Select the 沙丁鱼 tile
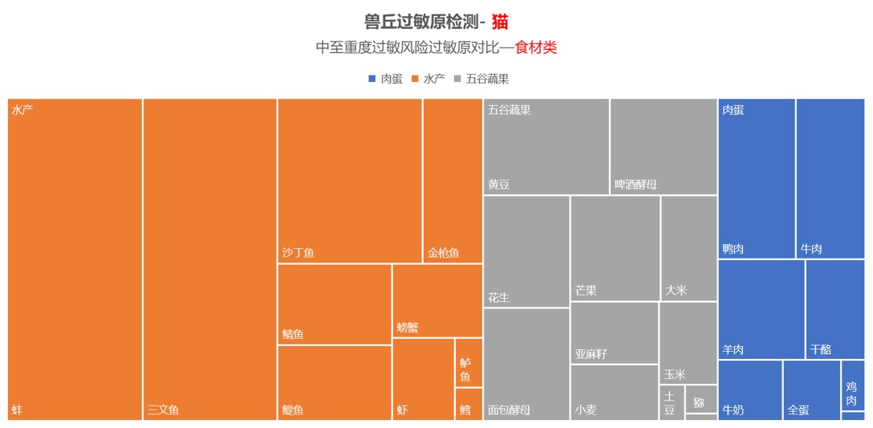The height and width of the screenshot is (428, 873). click(x=349, y=181)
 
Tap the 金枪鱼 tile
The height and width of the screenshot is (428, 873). click(x=453, y=181)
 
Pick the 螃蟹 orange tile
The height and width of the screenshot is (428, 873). click(x=437, y=300)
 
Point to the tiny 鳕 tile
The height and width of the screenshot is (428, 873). click(x=469, y=404)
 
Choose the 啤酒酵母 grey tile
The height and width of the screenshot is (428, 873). click(x=663, y=146)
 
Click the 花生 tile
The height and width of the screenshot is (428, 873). click(x=526, y=251)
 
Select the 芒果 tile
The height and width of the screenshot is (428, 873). click(x=615, y=248)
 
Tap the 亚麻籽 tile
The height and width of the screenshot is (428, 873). click(x=614, y=332)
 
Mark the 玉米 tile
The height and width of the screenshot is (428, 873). click(x=688, y=343)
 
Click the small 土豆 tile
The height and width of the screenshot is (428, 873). click(x=672, y=402)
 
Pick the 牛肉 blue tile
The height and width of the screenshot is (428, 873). click(x=830, y=178)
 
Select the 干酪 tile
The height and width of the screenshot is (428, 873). click(x=834, y=309)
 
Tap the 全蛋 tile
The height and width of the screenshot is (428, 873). click(x=811, y=390)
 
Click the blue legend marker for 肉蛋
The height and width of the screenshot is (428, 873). click(x=372, y=79)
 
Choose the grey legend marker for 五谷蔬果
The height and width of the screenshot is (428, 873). click(x=457, y=79)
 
